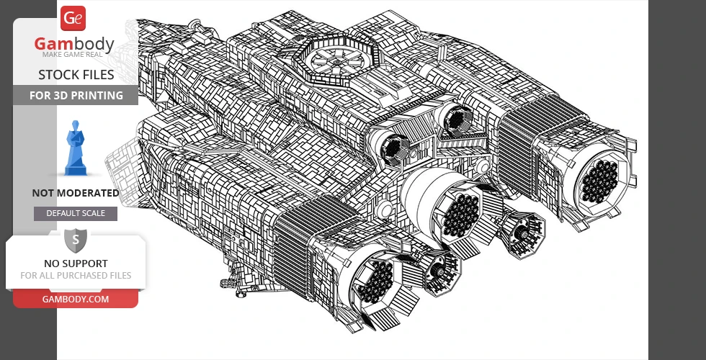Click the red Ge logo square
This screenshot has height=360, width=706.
click(x=73, y=18)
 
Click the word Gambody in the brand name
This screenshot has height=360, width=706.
click(x=74, y=44)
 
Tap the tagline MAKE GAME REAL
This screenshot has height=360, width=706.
click(x=73, y=55)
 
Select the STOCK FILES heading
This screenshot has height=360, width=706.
click(x=76, y=75)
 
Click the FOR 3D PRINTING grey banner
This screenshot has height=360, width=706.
click(x=76, y=95)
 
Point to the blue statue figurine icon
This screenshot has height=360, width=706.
click(x=76, y=148)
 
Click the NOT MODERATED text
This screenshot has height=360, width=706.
click(x=76, y=193)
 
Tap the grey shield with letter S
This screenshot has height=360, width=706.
click(x=76, y=240)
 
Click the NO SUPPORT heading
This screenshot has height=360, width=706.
click(x=76, y=264)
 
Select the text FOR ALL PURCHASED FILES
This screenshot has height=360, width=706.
click(x=76, y=275)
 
